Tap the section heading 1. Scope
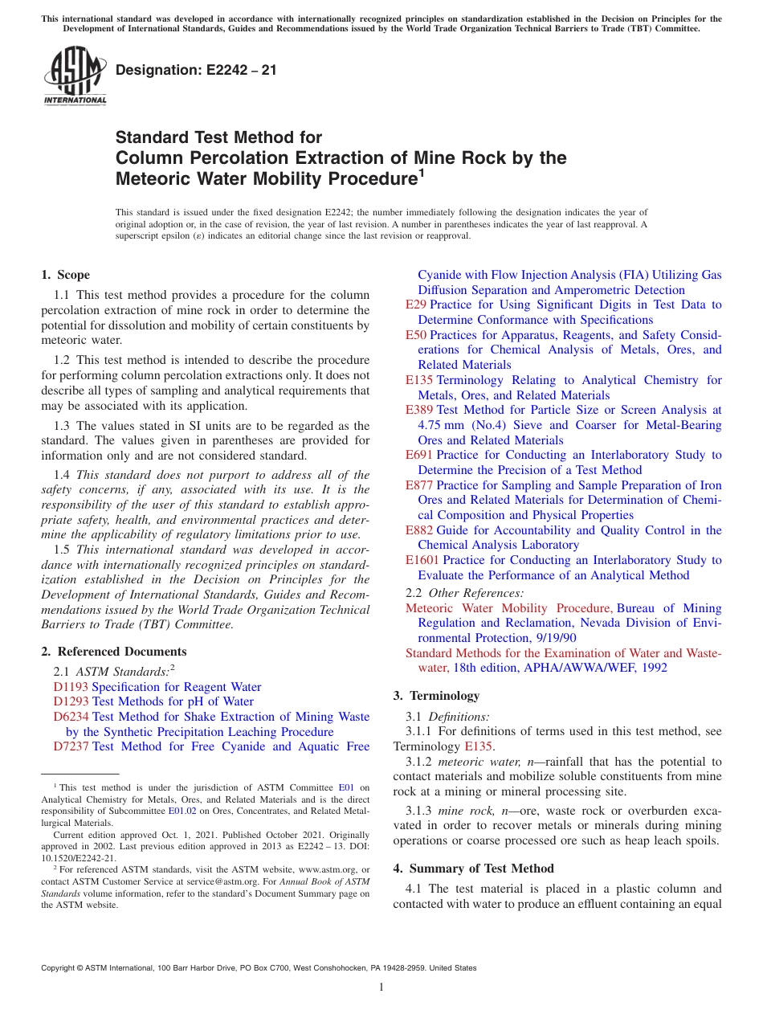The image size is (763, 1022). [65, 275]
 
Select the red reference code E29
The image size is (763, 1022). [416, 305]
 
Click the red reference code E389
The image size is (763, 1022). [419, 410]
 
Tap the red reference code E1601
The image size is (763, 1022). [422, 560]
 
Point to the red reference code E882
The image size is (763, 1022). [419, 530]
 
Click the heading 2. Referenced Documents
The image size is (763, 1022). [114, 652]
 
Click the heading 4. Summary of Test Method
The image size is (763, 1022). [473, 869]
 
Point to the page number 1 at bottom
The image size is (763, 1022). [381, 987]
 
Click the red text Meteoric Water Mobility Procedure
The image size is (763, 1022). [508, 608]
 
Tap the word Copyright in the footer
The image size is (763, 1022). [60, 968]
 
